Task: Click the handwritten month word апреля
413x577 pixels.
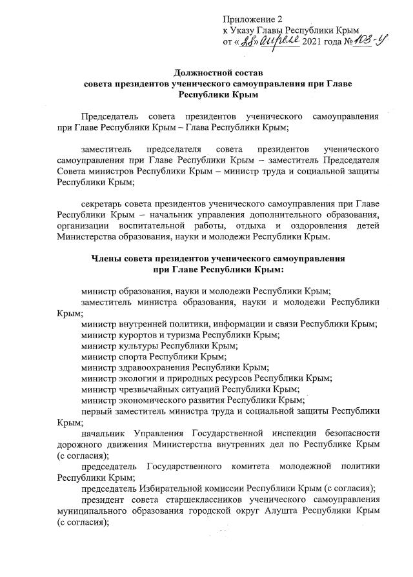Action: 279,41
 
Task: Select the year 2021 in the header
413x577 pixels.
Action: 313,42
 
